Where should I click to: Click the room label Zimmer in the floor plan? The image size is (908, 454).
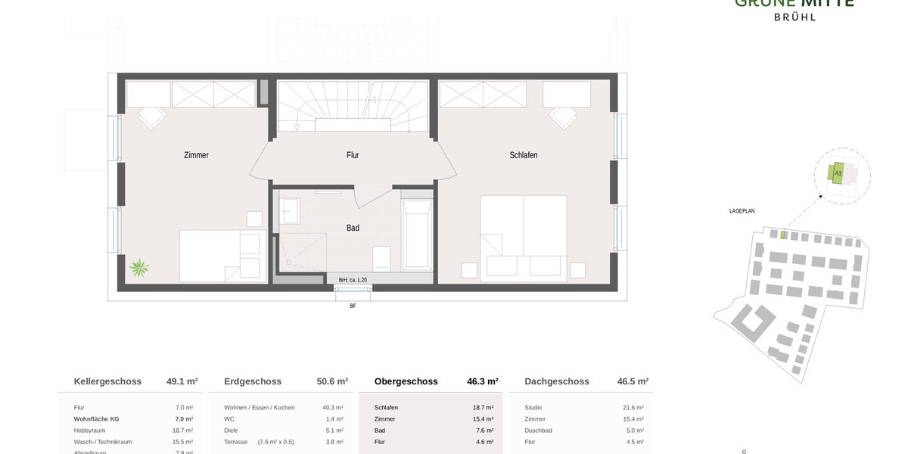pos(196,155)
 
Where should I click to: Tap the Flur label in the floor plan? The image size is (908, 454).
pos(353,155)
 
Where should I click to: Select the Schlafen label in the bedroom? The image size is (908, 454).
pos(524,155)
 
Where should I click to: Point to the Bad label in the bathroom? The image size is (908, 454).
pos(353,228)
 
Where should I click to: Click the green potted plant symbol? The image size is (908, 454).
pos(139,268)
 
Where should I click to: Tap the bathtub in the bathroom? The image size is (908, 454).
pos(417,234)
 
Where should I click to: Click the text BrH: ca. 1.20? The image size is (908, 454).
pos(353,280)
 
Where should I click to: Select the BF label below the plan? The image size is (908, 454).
pos(353,306)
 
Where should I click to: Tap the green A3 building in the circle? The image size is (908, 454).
pos(837,173)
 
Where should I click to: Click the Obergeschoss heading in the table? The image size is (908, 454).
pos(406,381)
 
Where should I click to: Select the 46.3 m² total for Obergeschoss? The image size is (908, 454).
pos(483,381)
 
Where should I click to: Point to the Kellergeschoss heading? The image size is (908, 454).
pos(107,381)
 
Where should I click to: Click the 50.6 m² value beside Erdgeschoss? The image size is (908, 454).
pos(332,381)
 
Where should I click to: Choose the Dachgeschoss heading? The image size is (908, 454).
pos(557,381)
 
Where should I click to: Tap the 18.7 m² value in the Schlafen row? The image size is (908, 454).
pos(483,408)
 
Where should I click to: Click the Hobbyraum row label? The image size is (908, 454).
pos(90,430)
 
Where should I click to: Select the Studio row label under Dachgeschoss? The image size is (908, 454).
pos(533,408)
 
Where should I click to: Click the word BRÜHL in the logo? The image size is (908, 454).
pos(794,17)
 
